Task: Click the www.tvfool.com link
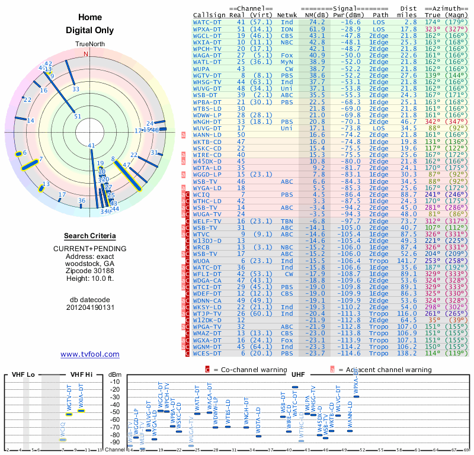pos(89,354)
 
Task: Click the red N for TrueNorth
pos(87,54)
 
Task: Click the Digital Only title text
pos(89,30)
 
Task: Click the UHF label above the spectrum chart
pos(298,374)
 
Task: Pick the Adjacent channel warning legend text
pos(385,370)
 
